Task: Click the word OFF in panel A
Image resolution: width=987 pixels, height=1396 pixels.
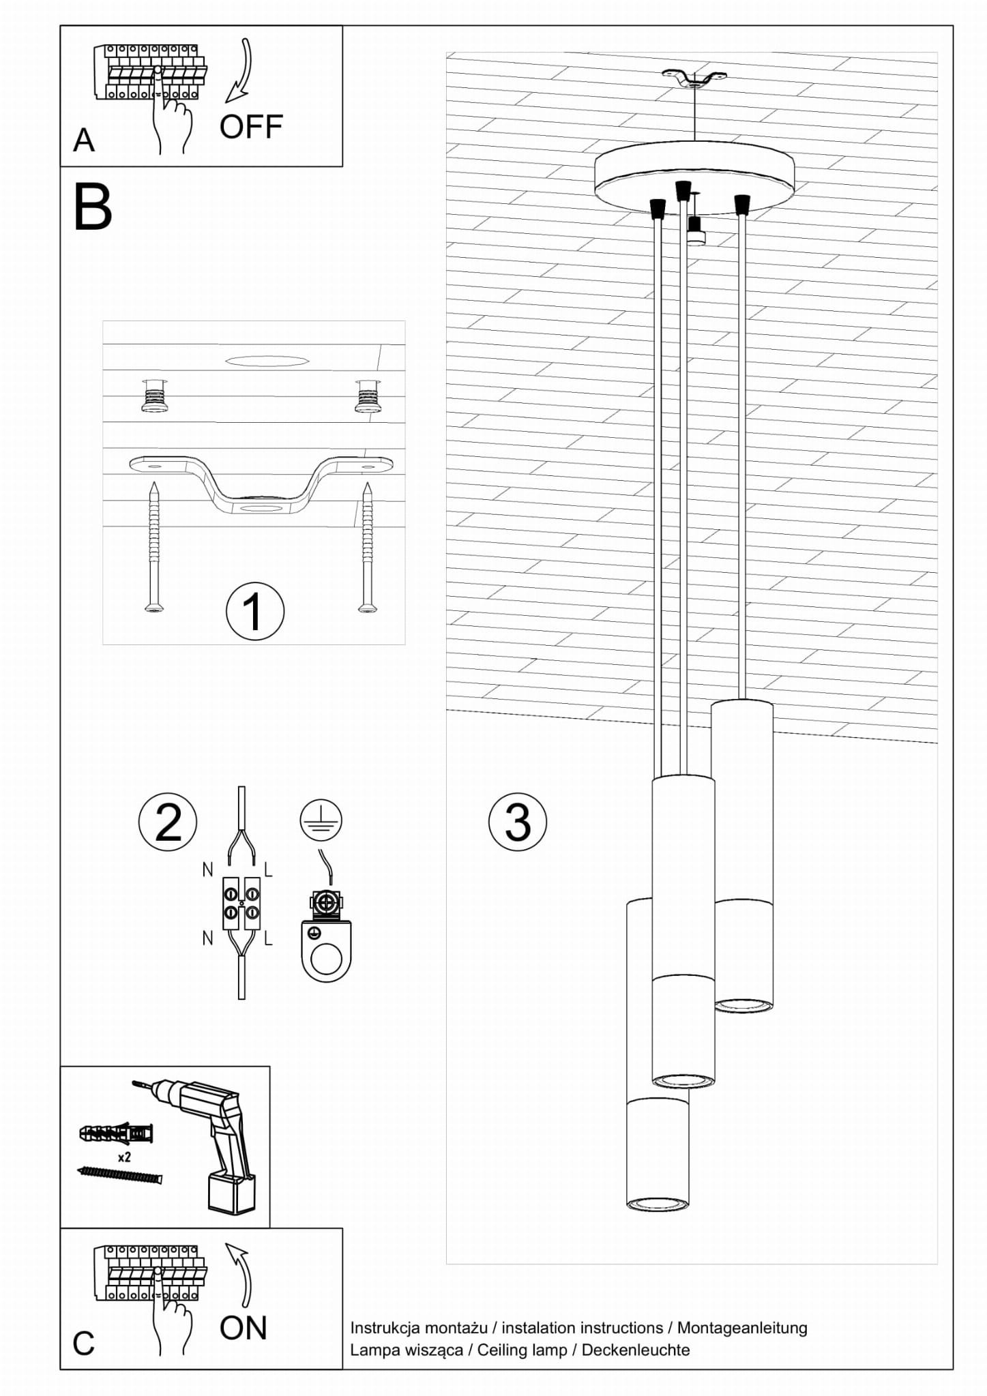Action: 251,127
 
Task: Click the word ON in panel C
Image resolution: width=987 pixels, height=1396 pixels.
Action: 243,1328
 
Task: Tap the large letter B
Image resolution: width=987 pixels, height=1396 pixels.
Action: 92,207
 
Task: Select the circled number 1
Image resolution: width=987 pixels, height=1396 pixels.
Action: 254,612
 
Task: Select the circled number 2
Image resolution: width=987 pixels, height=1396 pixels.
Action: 168,822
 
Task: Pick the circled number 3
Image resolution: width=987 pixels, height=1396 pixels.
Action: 518,822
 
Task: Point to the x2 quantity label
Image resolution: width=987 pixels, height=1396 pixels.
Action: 124,1157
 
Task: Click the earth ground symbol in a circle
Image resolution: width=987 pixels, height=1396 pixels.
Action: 321,820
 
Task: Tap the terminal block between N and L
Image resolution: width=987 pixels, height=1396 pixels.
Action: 241,903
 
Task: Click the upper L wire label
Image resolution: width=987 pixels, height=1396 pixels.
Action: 268,870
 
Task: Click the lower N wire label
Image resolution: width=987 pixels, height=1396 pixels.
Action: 207,938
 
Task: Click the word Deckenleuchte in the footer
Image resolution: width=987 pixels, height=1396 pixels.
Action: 635,1350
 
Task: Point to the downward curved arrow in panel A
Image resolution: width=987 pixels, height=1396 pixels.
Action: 241,72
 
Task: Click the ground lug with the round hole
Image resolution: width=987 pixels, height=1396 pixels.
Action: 326,951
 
